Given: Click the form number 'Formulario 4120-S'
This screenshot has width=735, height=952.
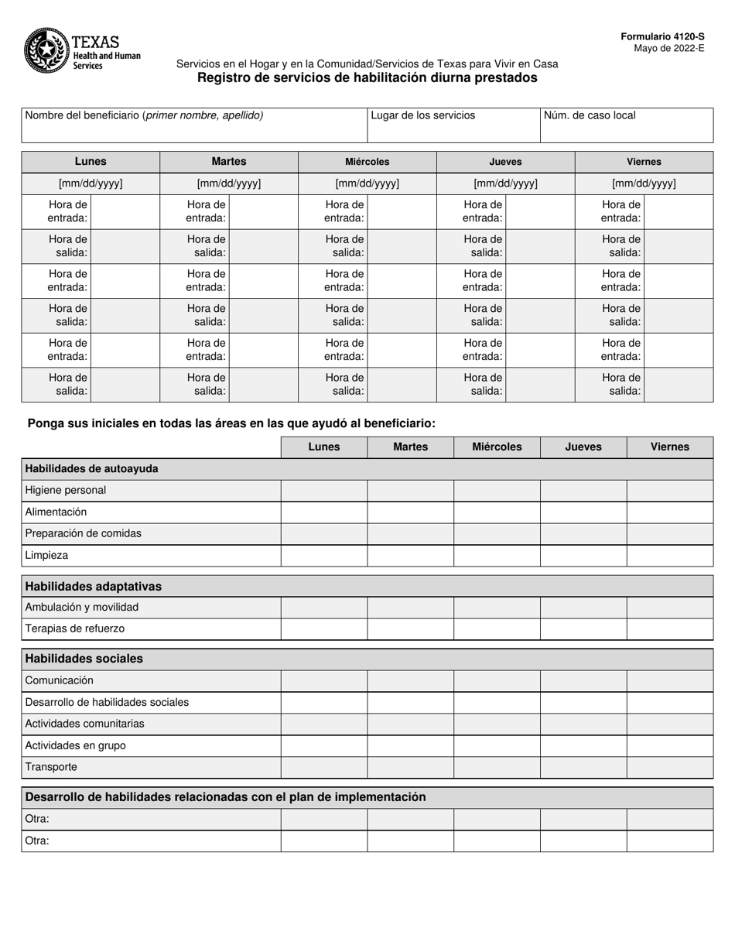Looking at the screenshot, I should [662, 36].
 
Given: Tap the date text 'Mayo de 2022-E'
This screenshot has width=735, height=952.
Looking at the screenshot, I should [669, 47].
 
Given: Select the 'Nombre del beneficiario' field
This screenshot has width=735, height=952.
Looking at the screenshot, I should [193, 125].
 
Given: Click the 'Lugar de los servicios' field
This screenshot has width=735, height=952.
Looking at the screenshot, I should [453, 125].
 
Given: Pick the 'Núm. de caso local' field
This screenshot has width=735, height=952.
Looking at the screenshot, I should [626, 125].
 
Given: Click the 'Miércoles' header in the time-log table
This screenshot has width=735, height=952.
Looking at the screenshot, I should [367, 162].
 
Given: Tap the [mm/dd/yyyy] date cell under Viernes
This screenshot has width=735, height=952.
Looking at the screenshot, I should [644, 184].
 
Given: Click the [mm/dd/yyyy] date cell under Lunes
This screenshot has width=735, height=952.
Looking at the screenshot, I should [91, 184].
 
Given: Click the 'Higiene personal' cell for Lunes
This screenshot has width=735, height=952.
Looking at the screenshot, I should [323, 491].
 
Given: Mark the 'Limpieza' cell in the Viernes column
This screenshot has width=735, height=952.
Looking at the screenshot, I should [669, 556].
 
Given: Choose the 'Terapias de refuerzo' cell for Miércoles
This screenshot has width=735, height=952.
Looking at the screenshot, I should [497, 629].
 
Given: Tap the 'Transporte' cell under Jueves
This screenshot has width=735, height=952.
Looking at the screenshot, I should [583, 767].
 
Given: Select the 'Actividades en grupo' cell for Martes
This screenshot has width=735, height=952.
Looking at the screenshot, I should [410, 745].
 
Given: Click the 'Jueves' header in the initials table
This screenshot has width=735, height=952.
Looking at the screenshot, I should [583, 447].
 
